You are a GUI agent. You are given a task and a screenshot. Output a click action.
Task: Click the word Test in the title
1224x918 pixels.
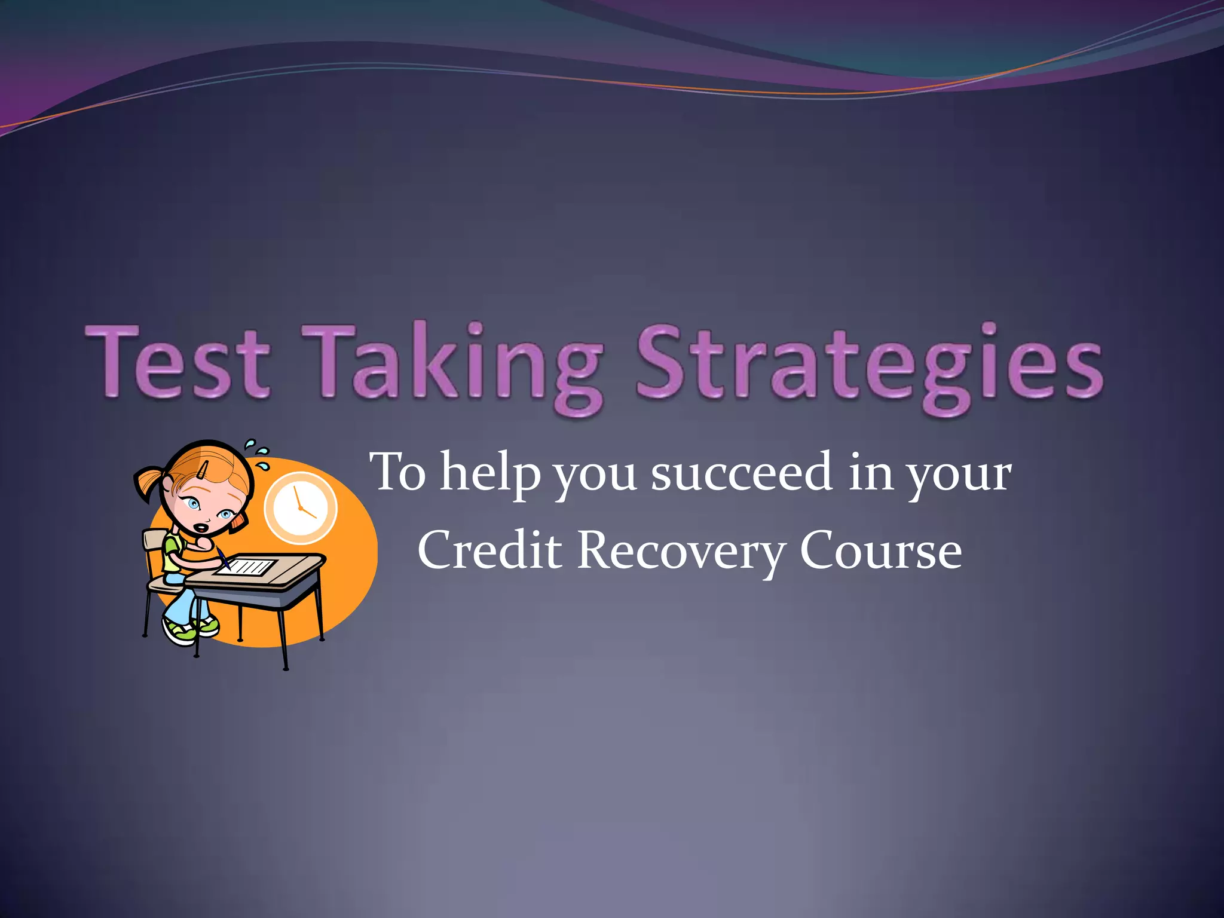coord(178,363)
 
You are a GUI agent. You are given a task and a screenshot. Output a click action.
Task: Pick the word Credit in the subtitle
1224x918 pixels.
coord(489,550)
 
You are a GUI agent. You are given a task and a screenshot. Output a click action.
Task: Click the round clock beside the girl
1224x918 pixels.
coord(300,508)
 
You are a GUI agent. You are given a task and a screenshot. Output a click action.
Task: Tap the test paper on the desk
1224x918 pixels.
coord(246,565)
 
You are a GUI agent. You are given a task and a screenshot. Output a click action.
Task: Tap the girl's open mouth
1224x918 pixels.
coord(203,528)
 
